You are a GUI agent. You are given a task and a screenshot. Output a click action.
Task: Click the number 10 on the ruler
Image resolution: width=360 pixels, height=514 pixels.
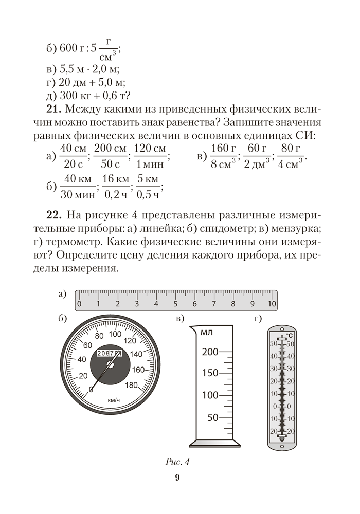point(272,304)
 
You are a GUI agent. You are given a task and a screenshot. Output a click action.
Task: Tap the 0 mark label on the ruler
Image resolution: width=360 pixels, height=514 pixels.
point(79,304)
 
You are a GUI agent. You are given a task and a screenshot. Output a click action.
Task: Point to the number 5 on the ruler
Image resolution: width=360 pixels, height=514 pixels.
point(175,304)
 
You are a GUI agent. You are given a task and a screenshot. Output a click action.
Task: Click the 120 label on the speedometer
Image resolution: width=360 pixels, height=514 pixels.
point(130,340)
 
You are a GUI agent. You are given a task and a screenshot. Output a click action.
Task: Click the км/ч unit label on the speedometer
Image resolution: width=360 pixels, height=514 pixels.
point(114,400)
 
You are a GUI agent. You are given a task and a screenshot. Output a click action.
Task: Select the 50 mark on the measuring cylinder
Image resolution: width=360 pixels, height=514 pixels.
point(212,417)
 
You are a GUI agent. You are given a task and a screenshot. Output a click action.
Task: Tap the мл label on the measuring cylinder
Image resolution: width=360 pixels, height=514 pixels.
point(207,333)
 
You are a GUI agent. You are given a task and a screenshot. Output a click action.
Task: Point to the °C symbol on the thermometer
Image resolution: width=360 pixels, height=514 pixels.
point(289,335)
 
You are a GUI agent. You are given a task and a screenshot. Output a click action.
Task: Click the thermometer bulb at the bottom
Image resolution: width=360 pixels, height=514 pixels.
point(281,438)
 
